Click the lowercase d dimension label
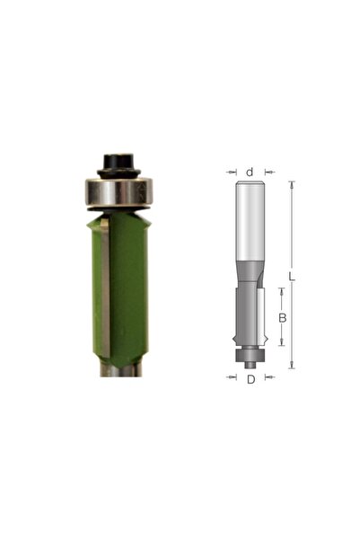(x=250, y=172)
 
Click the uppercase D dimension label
(x=250, y=379)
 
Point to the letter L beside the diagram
(x=292, y=277)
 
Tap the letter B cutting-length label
(x=282, y=318)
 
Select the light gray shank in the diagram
(x=250, y=221)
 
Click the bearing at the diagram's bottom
(x=250, y=355)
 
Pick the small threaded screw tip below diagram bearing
(x=250, y=365)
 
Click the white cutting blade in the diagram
(x=261, y=315)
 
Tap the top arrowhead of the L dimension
(x=292, y=184)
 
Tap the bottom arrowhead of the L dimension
(x=292, y=365)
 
